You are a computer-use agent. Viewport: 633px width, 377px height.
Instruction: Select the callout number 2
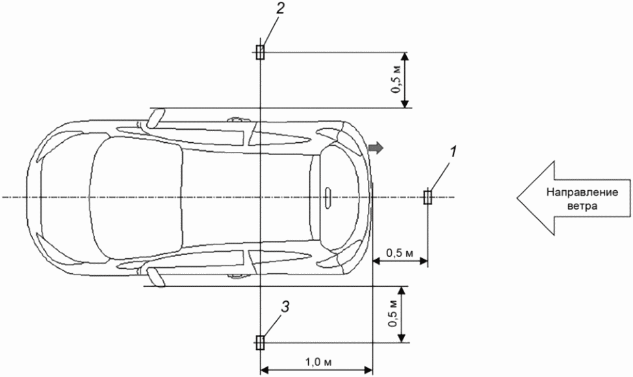279,9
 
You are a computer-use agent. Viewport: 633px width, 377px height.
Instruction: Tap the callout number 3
285,307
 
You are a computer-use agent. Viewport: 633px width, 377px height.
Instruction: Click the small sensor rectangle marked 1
428,197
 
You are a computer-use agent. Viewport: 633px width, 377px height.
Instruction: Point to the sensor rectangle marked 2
261,52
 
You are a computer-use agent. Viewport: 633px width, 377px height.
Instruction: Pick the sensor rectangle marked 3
261,343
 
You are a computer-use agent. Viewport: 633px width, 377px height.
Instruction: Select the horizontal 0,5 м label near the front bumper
400,254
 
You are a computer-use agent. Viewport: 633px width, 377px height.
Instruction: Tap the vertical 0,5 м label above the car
398,79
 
